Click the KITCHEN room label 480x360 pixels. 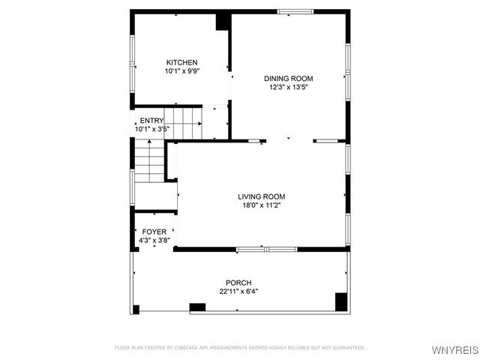pos(181,62)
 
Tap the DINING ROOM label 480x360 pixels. pos(288,78)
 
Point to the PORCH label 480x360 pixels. pos(239,283)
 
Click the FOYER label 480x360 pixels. pos(154,232)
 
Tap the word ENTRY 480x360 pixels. pos(151,121)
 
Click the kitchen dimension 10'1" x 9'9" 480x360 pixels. pos(181,70)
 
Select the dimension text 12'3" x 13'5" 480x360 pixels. pos(289,87)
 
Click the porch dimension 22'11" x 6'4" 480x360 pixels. pos(239,291)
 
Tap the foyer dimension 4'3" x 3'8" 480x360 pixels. pos(154,240)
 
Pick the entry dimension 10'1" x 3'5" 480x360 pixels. pos(152,129)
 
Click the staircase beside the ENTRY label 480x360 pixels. pos(184,122)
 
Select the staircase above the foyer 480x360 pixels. pos(149,163)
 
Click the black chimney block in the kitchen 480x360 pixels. pos(223,21)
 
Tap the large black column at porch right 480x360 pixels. pos(341,301)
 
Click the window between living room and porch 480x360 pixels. pos(266,249)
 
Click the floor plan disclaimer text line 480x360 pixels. pos(239,348)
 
